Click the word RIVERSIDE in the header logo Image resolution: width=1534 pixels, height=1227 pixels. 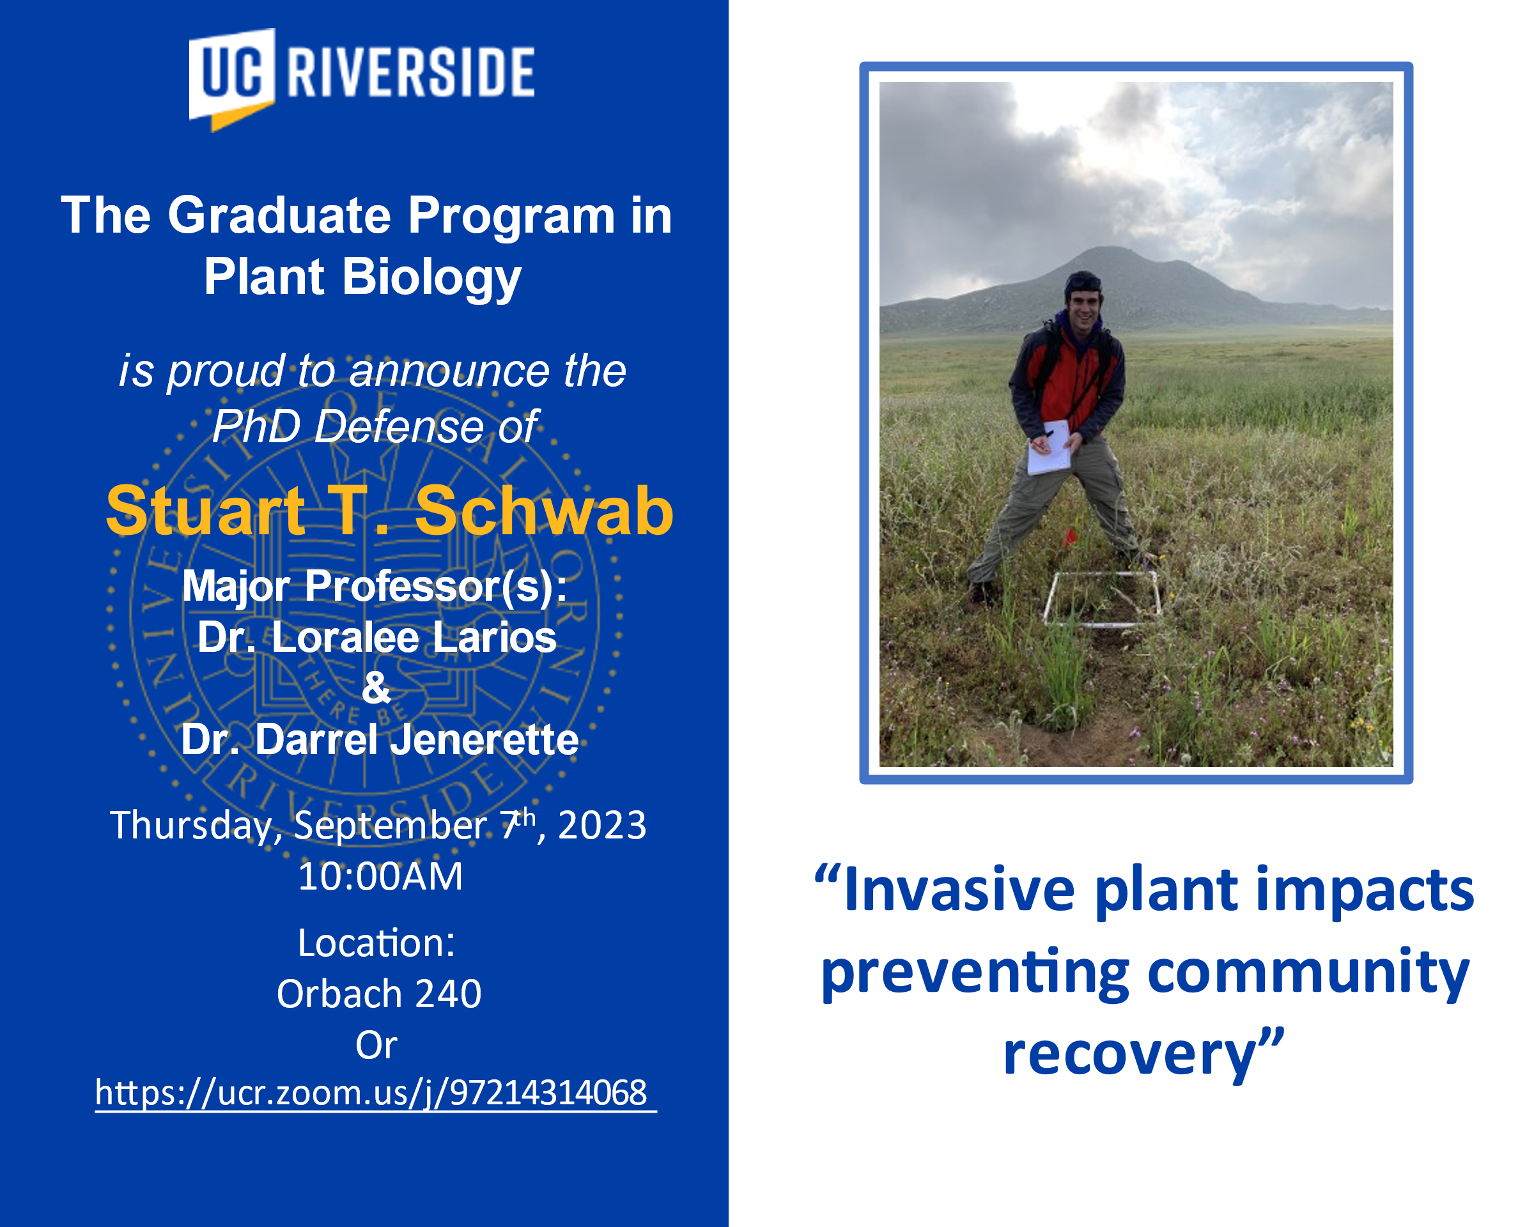[410, 72]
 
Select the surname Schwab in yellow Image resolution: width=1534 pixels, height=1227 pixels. [545, 510]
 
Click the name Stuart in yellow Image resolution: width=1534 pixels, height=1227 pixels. [206, 510]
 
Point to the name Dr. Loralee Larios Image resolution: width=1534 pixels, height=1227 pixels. [377, 637]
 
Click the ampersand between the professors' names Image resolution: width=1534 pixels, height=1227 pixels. [376, 688]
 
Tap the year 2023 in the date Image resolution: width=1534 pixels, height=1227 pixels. [602, 825]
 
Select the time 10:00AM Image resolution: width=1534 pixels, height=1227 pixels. [380, 876]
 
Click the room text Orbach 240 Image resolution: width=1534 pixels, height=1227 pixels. [379, 994]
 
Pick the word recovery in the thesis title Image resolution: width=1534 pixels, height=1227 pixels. [1131, 1055]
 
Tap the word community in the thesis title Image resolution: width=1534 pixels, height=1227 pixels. [1308, 975]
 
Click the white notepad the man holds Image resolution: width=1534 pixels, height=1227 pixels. [1049, 447]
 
